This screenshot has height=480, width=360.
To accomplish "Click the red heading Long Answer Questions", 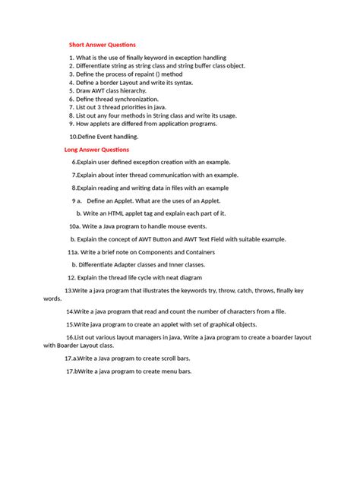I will (96, 150).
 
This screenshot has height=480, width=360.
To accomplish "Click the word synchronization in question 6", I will (135, 99).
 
